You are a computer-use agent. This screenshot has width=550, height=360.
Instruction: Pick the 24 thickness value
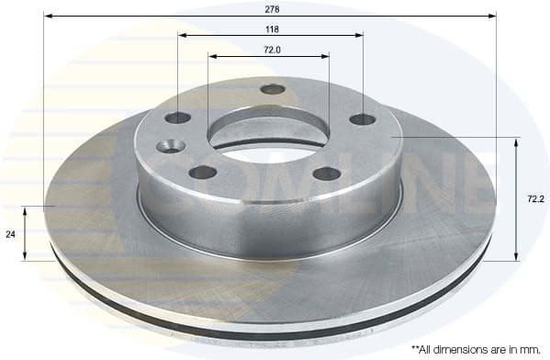pos(11,234)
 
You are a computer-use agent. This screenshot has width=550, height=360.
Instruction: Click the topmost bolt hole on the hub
pos(273,89)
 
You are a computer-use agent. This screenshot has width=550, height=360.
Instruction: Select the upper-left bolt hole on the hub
pos(177,118)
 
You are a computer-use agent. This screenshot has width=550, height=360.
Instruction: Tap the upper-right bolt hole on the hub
pos(363,118)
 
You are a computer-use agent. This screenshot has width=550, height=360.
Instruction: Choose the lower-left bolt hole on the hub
pos(203,172)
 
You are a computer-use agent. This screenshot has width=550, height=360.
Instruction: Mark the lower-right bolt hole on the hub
pos(327,173)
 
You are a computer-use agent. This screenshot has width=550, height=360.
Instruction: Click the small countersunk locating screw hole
pos(170,145)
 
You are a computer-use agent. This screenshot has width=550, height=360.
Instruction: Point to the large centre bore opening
pos(268,138)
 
